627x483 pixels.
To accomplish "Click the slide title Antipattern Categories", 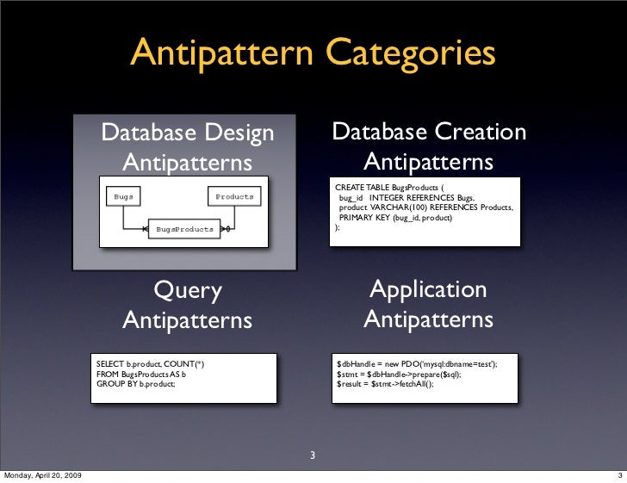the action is click(x=313, y=53).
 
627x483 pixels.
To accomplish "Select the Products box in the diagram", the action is click(x=234, y=196).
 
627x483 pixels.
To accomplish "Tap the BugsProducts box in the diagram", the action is click(x=184, y=230).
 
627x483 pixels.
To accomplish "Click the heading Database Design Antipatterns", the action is click(x=188, y=147).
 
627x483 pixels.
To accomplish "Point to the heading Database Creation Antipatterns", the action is click(x=429, y=147).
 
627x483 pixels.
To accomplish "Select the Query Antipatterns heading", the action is click(x=188, y=305).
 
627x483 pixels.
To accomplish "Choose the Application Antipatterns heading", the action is click(x=429, y=305).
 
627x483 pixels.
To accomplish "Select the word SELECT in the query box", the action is click(x=110, y=364).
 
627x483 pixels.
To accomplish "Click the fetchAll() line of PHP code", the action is click(x=385, y=385).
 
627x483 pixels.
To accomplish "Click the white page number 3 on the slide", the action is click(x=313, y=456).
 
